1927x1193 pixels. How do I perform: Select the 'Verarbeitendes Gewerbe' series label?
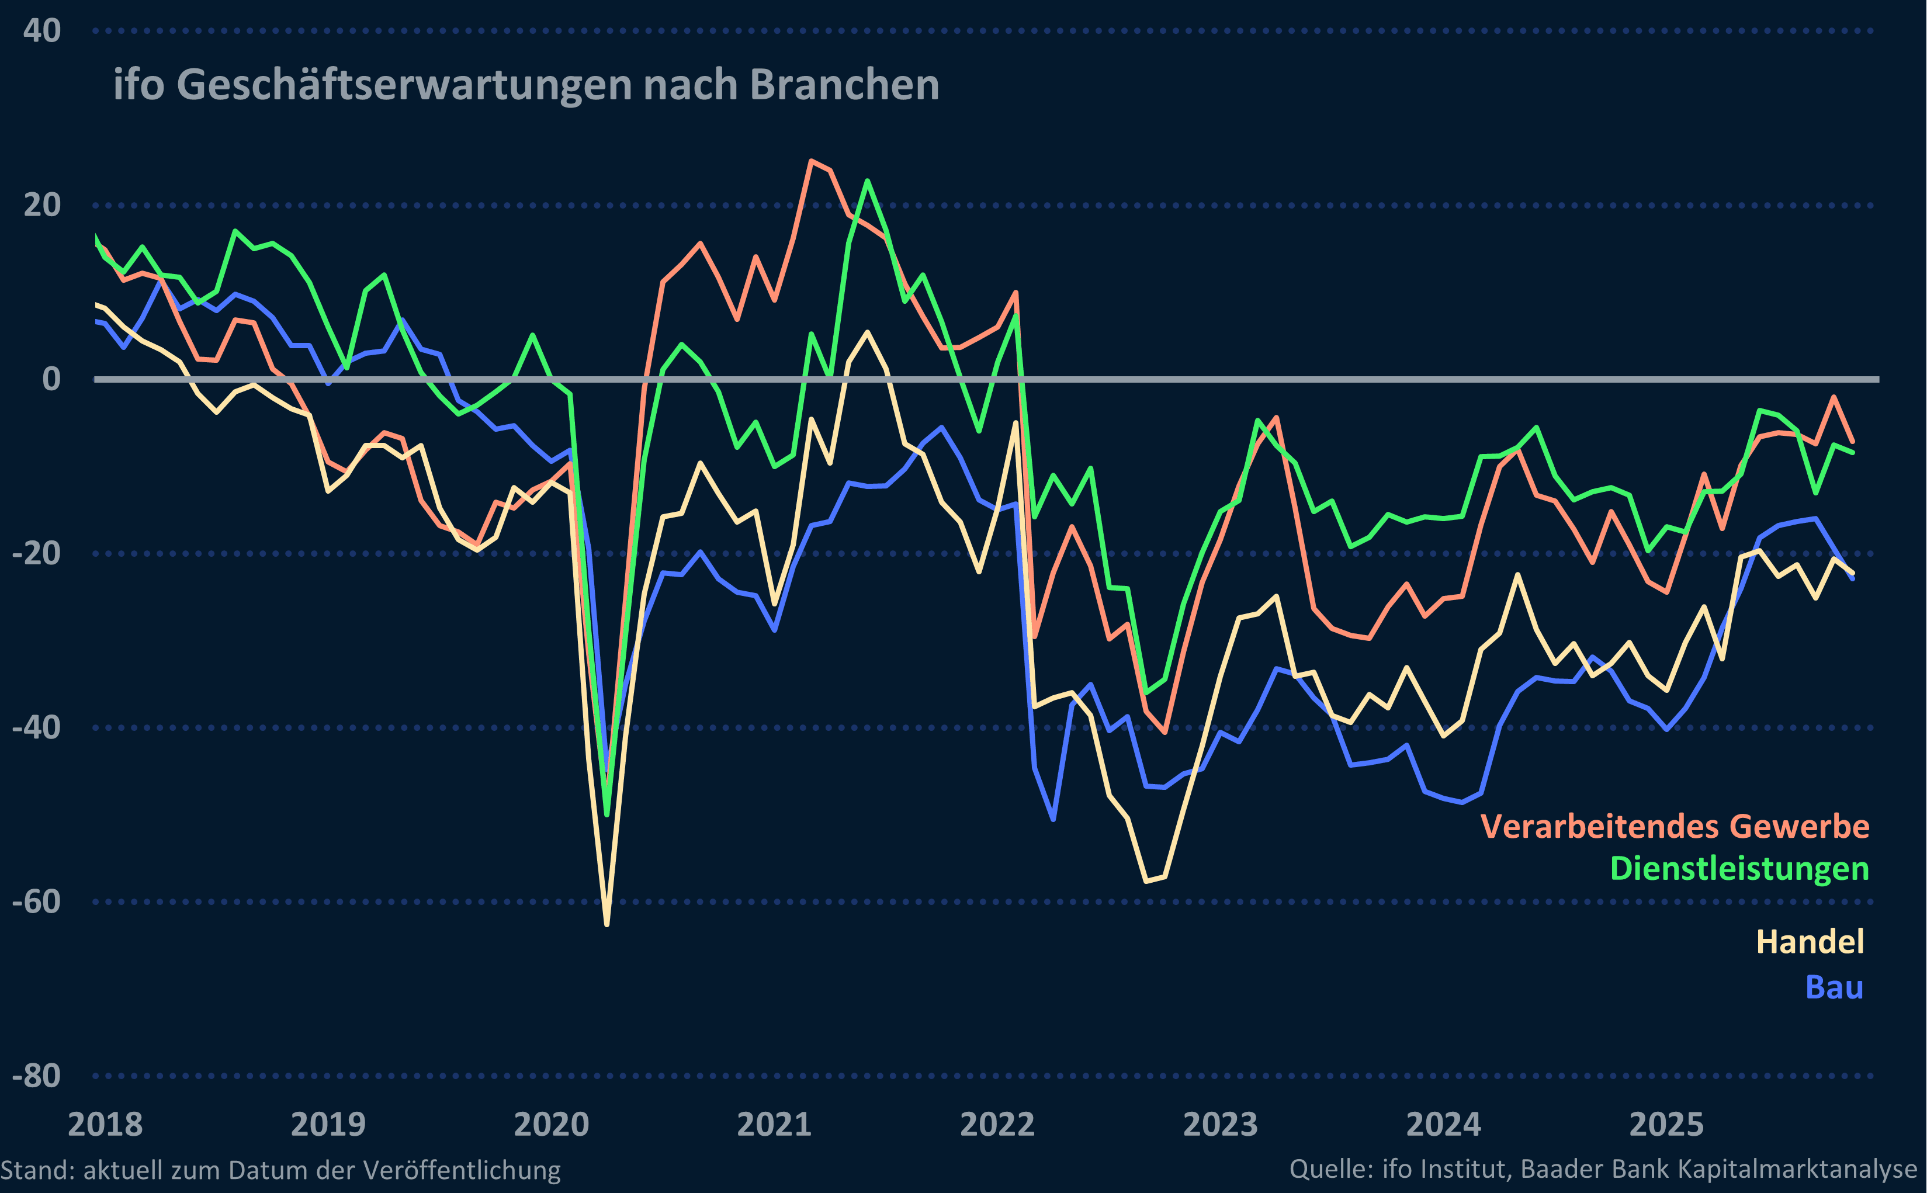point(1675,827)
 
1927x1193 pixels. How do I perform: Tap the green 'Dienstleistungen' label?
point(1739,869)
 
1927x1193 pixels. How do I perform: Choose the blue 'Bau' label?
point(1834,988)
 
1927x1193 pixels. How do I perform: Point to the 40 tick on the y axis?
point(42,32)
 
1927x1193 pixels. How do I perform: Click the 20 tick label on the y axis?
point(42,205)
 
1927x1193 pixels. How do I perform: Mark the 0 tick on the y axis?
point(50,380)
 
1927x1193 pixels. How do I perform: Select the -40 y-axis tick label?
point(36,727)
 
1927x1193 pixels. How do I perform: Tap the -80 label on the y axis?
point(36,1076)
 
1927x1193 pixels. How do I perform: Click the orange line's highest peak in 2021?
point(810,161)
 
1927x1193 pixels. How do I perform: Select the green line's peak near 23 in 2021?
point(867,181)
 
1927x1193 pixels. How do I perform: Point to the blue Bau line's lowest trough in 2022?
point(1053,819)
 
